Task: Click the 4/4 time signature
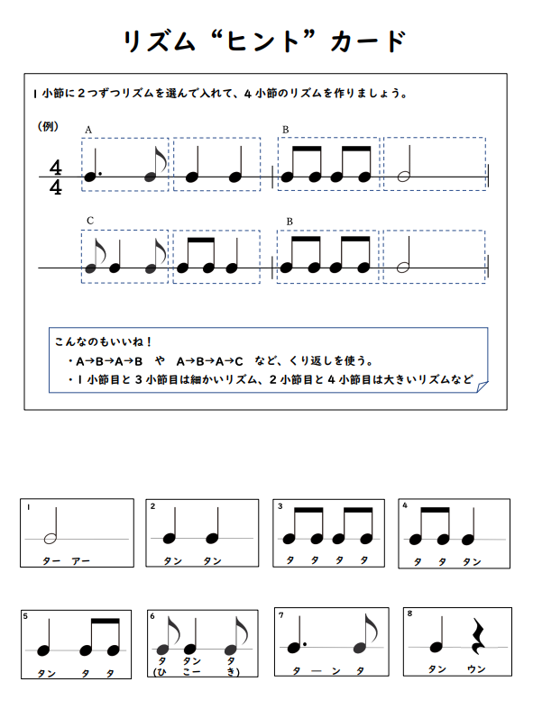[x=56, y=177]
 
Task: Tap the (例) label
[x=50, y=127]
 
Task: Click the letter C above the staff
[x=90, y=220]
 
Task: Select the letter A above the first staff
[x=88, y=130]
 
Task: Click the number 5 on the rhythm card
[x=25, y=617]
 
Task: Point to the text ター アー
[x=67, y=561]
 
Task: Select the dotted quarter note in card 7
[x=294, y=647]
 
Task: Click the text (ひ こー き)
[x=196, y=672]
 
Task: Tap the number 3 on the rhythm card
[x=280, y=506]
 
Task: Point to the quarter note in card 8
[x=437, y=644]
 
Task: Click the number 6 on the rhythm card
[x=153, y=617]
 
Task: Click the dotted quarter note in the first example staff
[x=90, y=176]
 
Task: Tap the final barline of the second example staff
[x=486, y=268]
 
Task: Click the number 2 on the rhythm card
[x=153, y=506]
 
